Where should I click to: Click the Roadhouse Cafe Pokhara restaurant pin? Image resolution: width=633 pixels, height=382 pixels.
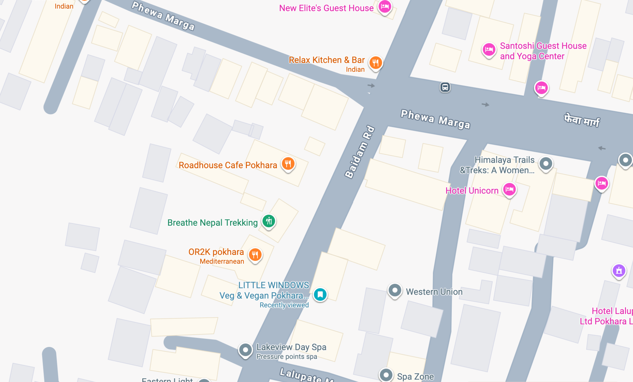click(x=288, y=164)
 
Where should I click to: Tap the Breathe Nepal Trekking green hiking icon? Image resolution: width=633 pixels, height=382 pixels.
click(x=269, y=221)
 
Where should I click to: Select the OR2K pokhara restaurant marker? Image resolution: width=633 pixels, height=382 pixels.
click(x=255, y=254)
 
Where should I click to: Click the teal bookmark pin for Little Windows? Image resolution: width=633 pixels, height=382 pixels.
click(x=320, y=294)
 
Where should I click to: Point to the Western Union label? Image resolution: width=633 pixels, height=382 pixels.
click(x=434, y=292)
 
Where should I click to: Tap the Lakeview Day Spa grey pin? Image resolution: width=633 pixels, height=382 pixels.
click(x=245, y=350)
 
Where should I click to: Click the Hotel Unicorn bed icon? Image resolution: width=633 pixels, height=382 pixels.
click(x=509, y=189)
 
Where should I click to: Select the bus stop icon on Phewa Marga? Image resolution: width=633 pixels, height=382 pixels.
click(x=445, y=87)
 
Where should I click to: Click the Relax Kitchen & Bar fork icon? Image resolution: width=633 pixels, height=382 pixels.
click(x=375, y=63)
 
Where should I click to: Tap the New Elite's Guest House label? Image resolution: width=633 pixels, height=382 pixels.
click(x=326, y=8)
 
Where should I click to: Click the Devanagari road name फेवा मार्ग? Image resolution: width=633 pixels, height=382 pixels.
click(x=581, y=120)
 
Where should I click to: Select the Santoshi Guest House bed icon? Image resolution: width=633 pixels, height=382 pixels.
click(x=489, y=49)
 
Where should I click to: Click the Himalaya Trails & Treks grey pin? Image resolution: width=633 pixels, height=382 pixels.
click(x=546, y=163)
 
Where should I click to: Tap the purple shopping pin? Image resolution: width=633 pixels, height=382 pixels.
click(x=619, y=271)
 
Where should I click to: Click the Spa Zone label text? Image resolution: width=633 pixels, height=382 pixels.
click(x=415, y=376)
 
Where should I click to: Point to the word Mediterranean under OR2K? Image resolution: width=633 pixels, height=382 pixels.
click(x=222, y=261)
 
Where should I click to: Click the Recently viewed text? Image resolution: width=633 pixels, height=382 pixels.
click(x=284, y=305)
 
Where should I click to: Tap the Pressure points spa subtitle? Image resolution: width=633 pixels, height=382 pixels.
click(x=286, y=357)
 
